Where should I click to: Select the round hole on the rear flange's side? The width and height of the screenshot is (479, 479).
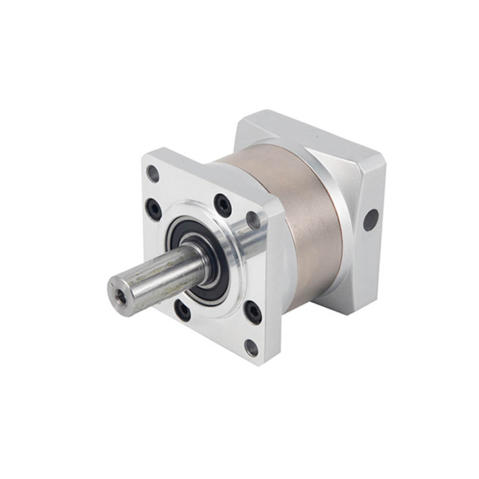pos(370,219)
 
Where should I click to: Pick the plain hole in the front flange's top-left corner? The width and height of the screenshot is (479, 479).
pos(153,174)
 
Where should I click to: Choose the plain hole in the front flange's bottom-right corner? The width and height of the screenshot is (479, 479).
pos(251,347)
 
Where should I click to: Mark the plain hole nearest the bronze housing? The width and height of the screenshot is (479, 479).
pos(253,220)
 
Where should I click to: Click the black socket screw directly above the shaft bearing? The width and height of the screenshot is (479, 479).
pos(223,204)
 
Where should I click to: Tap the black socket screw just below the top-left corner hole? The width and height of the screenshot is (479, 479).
pos(154,209)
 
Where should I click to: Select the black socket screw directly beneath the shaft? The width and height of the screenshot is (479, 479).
pos(182,308)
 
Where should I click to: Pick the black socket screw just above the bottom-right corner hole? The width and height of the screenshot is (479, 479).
pos(254,312)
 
